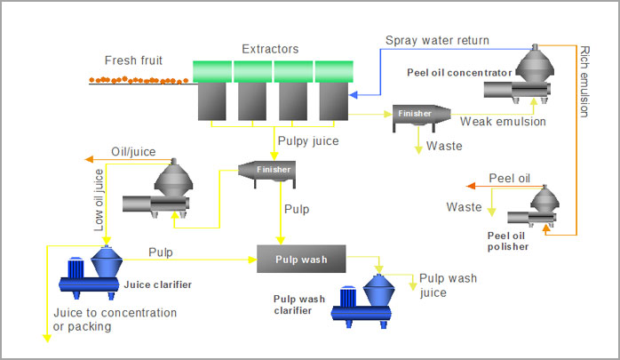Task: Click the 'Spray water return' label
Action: pos(436,40)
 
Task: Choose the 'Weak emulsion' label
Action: pos(503,122)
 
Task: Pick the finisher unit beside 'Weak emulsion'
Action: pos(417,115)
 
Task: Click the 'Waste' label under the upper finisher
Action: pos(444,146)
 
